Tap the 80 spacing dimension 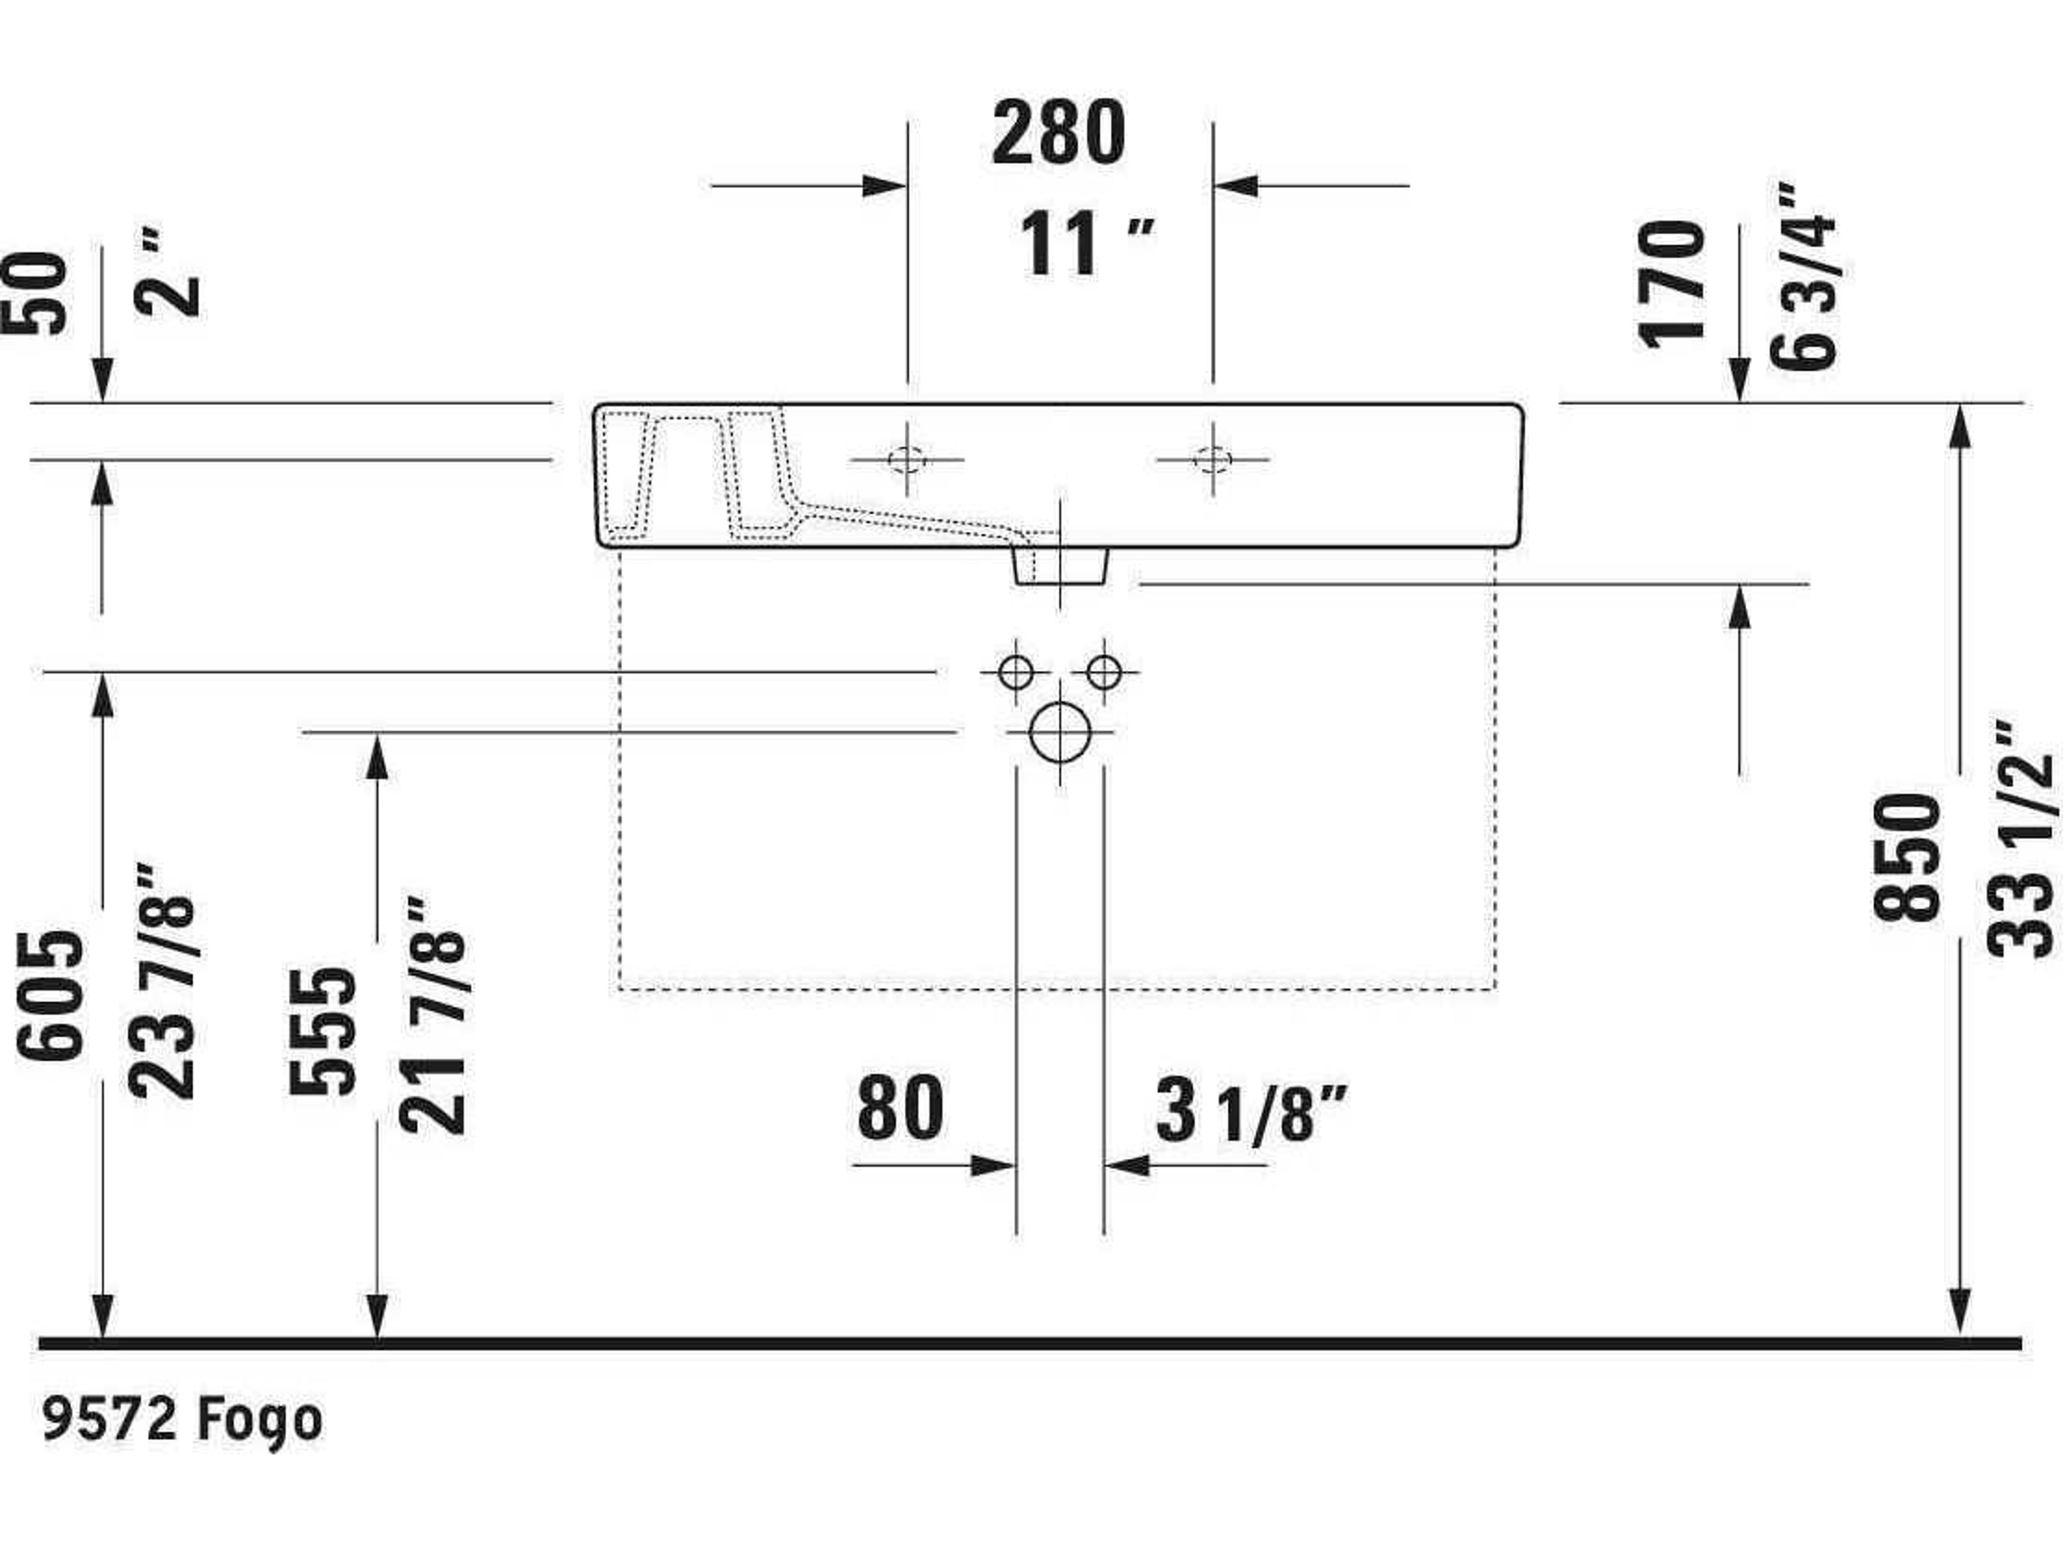tap(900, 1108)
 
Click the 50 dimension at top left tap(35, 294)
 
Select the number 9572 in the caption tap(110, 1419)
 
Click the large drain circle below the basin tap(1061, 732)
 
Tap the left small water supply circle tap(1015, 671)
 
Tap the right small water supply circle tap(1104, 671)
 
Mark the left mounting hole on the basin tap(906, 460)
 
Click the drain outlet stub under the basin tap(1061, 566)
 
